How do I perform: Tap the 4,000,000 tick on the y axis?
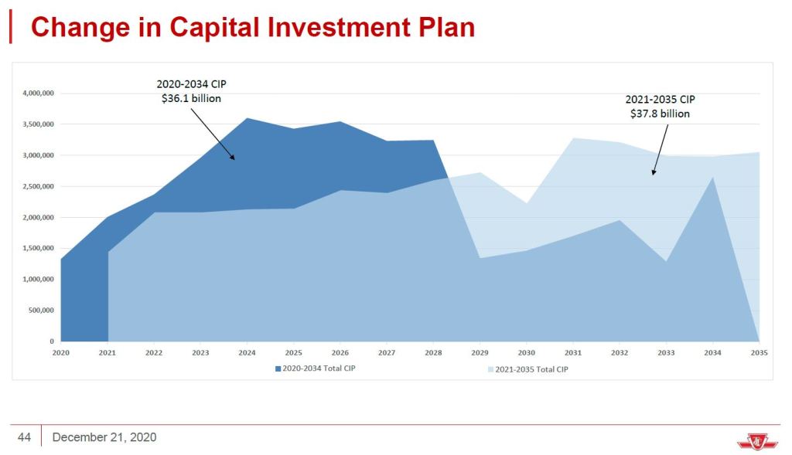(38, 93)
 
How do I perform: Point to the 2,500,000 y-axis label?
(38, 186)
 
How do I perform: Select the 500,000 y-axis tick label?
(41, 311)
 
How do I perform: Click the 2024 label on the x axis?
(247, 352)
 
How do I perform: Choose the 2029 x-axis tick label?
(480, 352)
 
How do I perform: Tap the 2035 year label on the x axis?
(759, 352)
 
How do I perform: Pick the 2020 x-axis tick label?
(61, 352)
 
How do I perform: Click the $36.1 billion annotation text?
(191, 98)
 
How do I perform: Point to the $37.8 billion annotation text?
(660, 113)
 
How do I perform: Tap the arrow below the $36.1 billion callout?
(212, 132)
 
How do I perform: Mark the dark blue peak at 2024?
(247, 119)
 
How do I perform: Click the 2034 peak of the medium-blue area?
(712, 178)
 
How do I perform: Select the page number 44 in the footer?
(24, 437)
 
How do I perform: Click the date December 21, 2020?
(104, 437)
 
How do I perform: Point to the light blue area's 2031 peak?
(573, 139)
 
